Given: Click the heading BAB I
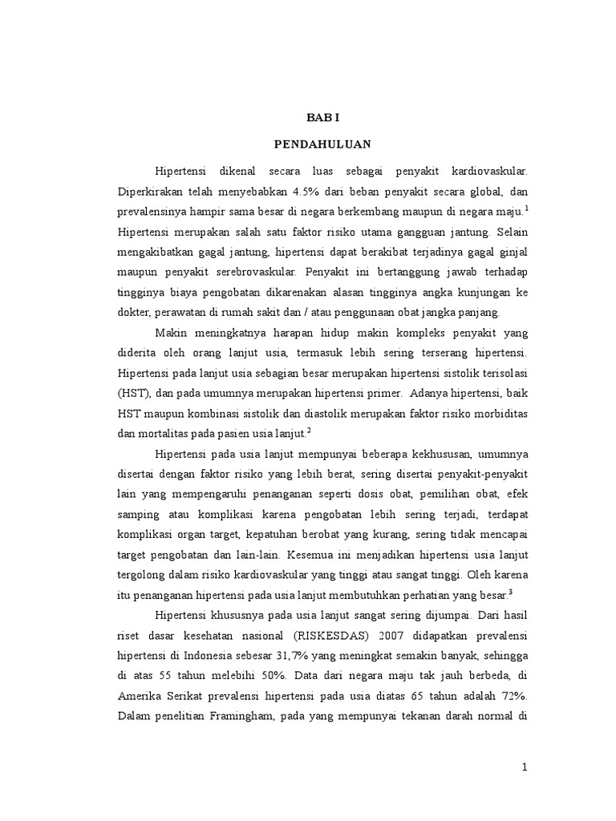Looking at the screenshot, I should pyautogui.click(x=323, y=117).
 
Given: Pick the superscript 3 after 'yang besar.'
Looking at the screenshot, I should pyautogui.click(x=510, y=592).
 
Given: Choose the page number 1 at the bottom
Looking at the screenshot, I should pyautogui.click(x=525, y=767).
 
